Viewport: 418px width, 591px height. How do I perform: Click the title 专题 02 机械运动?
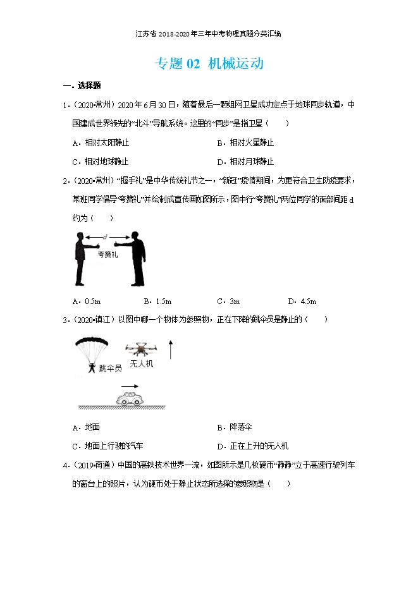pyautogui.click(x=209, y=64)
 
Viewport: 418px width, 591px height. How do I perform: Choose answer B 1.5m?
pyautogui.click(x=158, y=301)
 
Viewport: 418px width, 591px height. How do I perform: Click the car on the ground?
pyautogui.click(x=132, y=398)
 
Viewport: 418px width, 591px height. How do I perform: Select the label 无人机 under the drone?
pyautogui.click(x=141, y=364)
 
